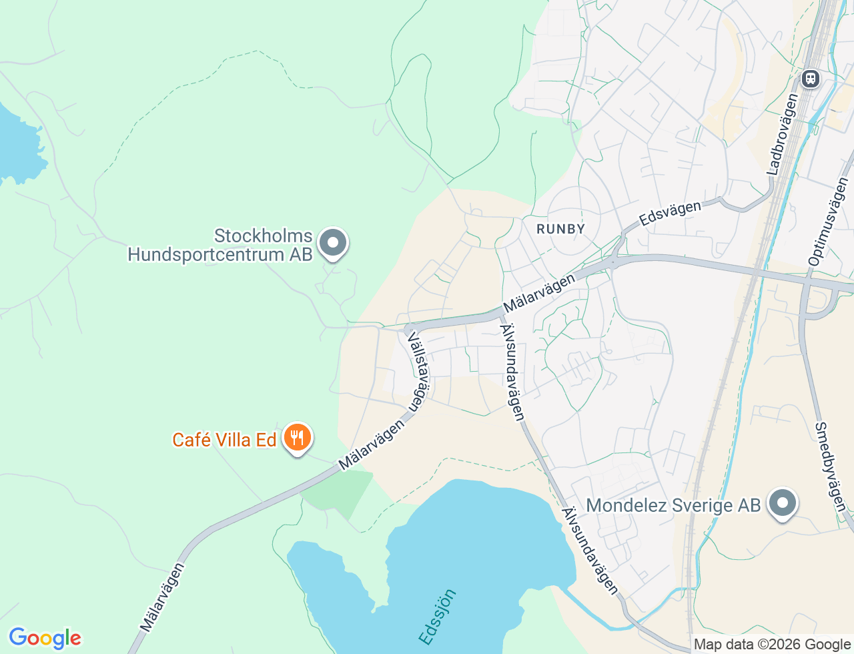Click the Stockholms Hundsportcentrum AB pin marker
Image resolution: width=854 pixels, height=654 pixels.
[x=333, y=244]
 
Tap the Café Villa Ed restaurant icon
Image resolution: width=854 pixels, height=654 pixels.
[x=298, y=438]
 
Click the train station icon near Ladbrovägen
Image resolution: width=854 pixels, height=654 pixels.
[x=811, y=79]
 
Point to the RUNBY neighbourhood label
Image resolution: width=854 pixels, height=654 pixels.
[x=560, y=229]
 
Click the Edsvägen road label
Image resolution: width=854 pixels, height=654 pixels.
[x=670, y=213]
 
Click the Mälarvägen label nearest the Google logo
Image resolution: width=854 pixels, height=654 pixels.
[x=161, y=598]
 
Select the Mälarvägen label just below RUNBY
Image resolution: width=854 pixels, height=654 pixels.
[x=538, y=293]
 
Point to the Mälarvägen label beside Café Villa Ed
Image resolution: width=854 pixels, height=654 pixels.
[x=371, y=444]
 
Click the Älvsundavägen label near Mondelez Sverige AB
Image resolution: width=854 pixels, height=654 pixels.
[x=590, y=551]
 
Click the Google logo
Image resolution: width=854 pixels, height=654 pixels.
[x=45, y=638]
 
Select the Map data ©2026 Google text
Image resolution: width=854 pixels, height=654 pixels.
[x=772, y=645]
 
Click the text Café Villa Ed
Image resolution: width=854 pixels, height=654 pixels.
[x=224, y=440]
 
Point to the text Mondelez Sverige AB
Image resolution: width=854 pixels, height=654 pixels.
[x=673, y=505]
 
